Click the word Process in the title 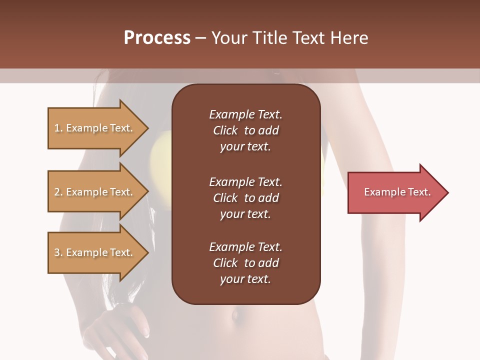pyautogui.click(x=157, y=38)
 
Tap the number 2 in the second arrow pyautogui.click(x=57, y=192)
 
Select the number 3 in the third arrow pyautogui.click(x=57, y=252)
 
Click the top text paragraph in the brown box pyautogui.click(x=245, y=130)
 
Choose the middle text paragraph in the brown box pyautogui.click(x=245, y=198)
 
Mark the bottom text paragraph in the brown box pyautogui.click(x=245, y=263)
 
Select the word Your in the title pyautogui.click(x=228, y=38)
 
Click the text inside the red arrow pyautogui.click(x=397, y=192)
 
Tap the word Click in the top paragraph pyautogui.click(x=225, y=130)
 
